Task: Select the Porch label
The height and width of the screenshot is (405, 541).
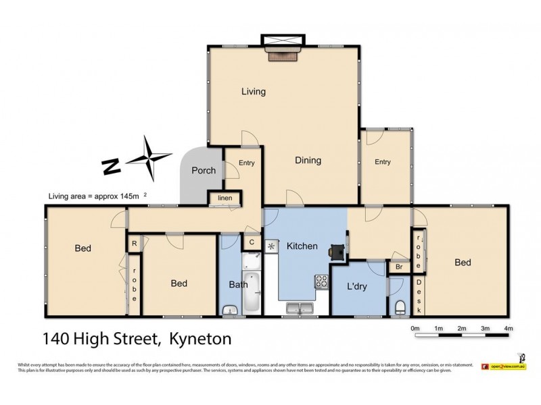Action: click(204, 170)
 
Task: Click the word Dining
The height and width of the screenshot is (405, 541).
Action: click(308, 161)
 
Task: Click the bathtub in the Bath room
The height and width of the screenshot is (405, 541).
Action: click(252, 291)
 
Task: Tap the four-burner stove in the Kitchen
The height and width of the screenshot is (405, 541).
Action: click(321, 282)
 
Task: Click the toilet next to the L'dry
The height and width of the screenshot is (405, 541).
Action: click(400, 308)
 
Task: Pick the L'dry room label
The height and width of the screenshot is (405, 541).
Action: click(356, 286)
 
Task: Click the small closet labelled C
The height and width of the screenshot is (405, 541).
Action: click(252, 242)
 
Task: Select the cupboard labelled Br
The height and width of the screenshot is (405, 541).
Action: click(398, 267)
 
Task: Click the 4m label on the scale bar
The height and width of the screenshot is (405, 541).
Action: click(509, 329)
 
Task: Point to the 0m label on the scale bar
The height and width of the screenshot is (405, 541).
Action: click(415, 329)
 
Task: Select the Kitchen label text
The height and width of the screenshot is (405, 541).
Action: click(302, 246)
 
